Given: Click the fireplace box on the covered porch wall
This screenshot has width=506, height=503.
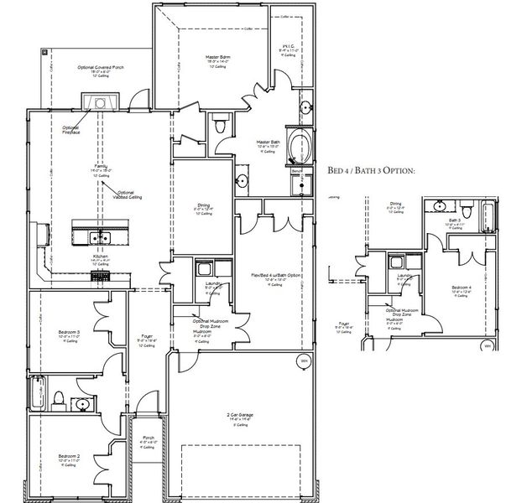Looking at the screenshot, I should [x=99, y=101].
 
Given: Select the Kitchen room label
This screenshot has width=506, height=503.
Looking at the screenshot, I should [x=99, y=259].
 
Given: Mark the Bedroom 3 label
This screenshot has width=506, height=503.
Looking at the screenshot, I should [x=69, y=333].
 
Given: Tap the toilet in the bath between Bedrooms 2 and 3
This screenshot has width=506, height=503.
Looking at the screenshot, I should [x=59, y=397].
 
